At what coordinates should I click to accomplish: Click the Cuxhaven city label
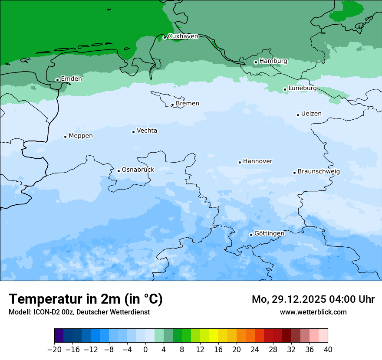(183, 36)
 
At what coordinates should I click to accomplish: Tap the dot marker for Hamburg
(256, 62)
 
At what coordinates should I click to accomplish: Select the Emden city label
(71, 79)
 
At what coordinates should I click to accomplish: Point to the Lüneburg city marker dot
(285, 89)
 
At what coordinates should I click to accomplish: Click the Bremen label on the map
(187, 104)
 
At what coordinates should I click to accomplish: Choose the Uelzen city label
(311, 114)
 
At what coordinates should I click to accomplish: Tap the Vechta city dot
(133, 132)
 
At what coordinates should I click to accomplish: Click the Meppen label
(80, 136)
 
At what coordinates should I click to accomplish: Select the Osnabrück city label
(138, 170)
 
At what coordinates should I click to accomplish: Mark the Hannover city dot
(240, 162)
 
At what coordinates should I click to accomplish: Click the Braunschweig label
(319, 172)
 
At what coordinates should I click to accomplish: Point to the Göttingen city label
(269, 234)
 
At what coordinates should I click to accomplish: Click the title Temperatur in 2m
(86, 299)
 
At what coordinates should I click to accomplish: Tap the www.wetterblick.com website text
(313, 312)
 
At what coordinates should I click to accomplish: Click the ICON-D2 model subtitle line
(79, 312)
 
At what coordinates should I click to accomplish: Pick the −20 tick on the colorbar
(55, 350)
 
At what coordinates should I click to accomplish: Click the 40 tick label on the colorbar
(328, 350)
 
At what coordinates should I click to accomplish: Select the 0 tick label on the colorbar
(145, 350)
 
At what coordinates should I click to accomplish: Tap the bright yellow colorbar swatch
(214, 335)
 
